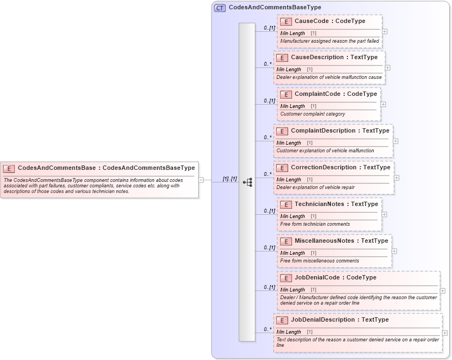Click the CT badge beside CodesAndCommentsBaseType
(x=220, y=8)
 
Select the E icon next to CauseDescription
(x=282, y=58)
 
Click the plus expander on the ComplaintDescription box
(x=396, y=141)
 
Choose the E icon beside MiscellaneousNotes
(x=285, y=241)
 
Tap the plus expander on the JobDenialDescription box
(x=445, y=333)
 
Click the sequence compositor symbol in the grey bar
(x=247, y=182)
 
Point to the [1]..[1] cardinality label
(x=230, y=179)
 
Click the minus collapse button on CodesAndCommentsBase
(x=201, y=179)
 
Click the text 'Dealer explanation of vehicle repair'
(x=315, y=187)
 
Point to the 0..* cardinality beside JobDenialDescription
(x=267, y=329)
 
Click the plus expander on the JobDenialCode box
(x=443, y=291)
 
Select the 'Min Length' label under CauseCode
(x=292, y=33)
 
